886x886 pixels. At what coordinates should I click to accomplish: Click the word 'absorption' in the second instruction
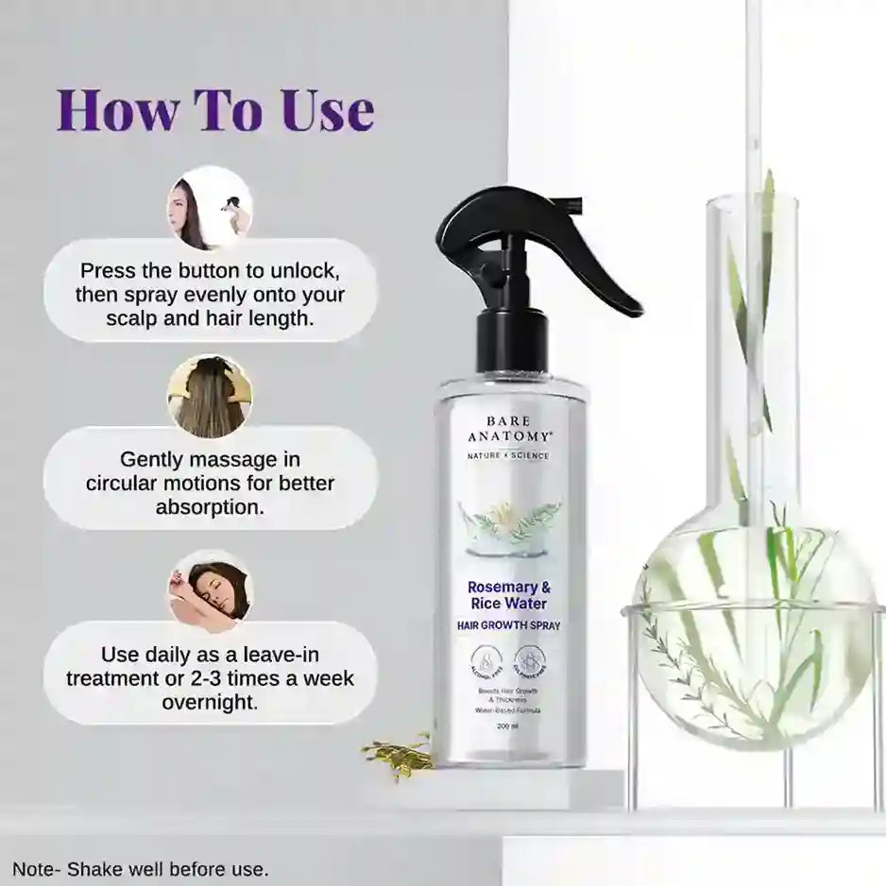tap(211, 507)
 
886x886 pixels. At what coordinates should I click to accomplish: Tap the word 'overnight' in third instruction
tap(210, 703)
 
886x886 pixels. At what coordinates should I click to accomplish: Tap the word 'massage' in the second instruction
tap(234, 460)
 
